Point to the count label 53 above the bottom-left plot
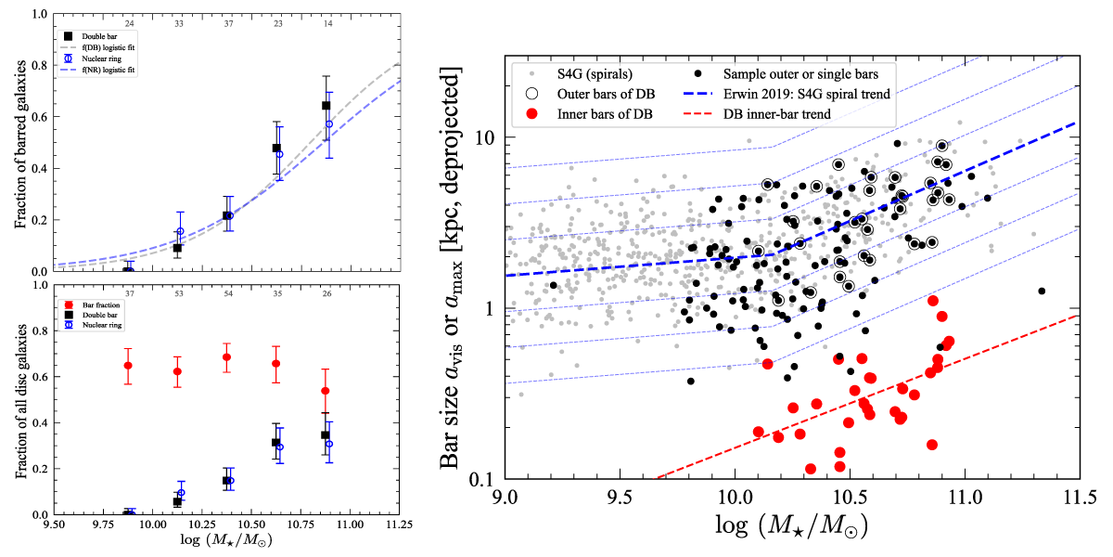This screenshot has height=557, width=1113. point(178,293)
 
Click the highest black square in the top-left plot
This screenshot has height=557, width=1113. point(326,106)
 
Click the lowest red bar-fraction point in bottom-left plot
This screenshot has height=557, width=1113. point(326,391)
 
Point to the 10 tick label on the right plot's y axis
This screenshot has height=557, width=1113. point(482,137)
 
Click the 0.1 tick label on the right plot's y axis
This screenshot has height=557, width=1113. point(481,480)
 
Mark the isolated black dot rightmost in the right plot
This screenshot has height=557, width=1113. point(1042,291)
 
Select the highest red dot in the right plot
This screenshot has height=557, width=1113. point(933,301)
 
